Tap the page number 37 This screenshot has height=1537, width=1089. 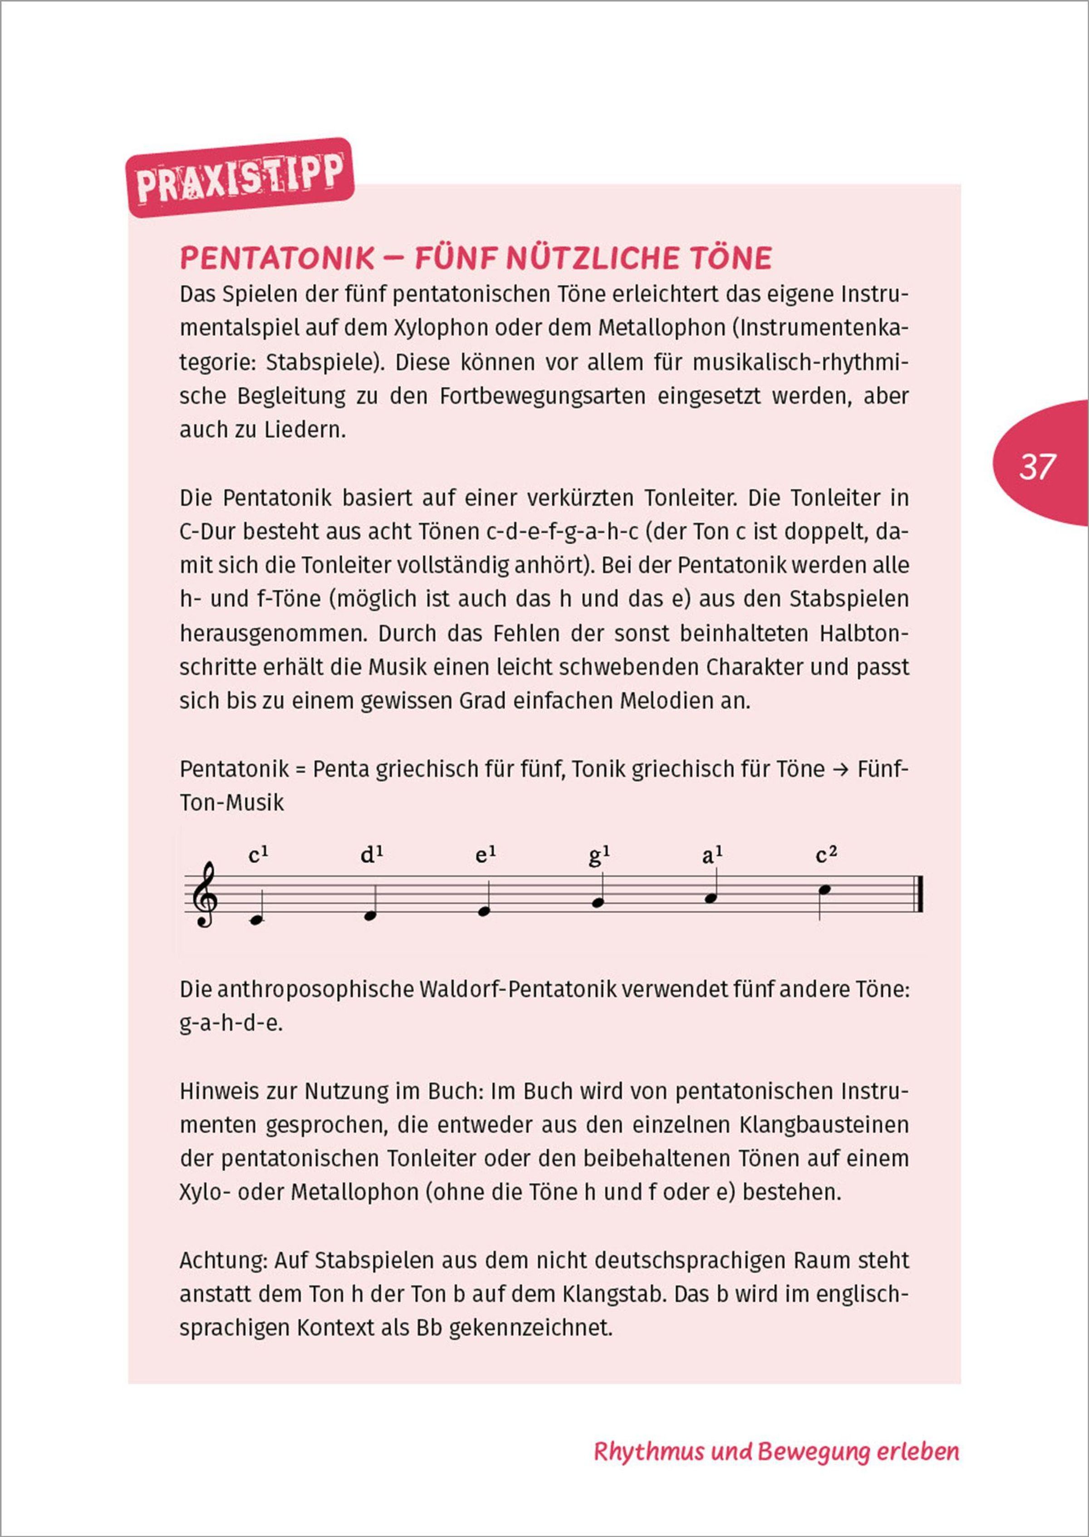1037,467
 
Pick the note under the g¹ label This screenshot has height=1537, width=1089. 598,902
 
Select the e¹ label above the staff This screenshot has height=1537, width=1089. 485,856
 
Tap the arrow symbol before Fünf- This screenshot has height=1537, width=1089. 840,769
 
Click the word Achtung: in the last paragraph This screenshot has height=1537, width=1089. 223,1261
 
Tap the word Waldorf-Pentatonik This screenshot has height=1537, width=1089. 516,989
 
